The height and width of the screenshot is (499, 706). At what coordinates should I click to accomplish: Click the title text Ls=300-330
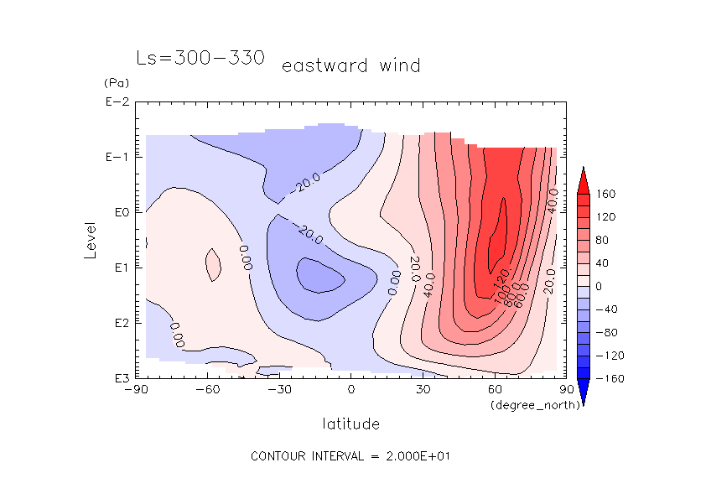[200, 59]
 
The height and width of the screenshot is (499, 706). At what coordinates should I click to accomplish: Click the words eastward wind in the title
[350, 65]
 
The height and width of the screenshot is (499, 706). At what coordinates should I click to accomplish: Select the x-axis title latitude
[350, 423]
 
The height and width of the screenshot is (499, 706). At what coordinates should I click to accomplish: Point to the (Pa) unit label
[114, 83]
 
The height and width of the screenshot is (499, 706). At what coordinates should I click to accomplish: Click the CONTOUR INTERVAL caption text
[351, 456]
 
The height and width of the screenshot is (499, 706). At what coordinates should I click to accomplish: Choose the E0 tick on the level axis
[119, 213]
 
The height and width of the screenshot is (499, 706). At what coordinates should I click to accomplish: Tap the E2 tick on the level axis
[119, 323]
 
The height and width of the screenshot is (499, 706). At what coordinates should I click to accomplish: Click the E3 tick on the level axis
[119, 378]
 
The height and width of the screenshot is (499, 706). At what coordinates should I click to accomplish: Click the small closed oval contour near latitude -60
[212, 265]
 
